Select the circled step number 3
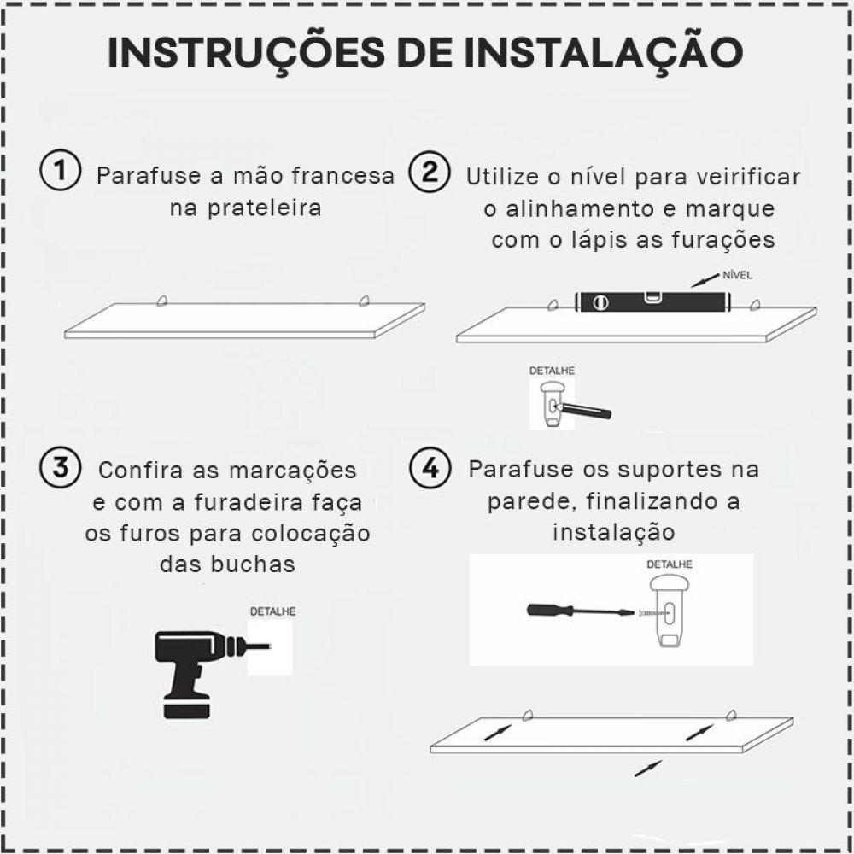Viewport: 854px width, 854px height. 60,468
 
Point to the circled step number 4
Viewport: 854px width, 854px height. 430,468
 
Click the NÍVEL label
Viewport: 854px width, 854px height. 736,275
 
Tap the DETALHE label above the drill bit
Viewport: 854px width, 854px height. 272,611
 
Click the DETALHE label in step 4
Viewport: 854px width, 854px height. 669,564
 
